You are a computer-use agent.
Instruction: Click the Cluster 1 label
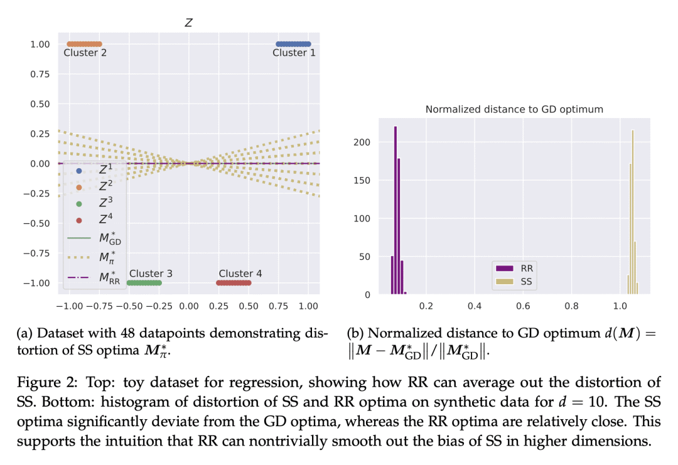pyautogui.click(x=294, y=53)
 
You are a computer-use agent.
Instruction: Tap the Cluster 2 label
pyautogui.click(x=85, y=53)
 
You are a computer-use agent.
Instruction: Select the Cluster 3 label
pyautogui.click(x=151, y=274)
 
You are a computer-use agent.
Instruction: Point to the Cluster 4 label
pyautogui.click(x=240, y=274)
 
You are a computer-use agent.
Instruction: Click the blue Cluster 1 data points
pyautogui.click(x=293, y=44)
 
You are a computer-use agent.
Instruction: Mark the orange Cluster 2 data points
pyautogui.click(x=84, y=44)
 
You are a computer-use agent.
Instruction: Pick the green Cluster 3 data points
pyautogui.click(x=144, y=283)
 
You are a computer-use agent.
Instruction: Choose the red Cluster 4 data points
pyautogui.click(x=234, y=283)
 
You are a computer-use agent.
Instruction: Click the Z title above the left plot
pyautogui.click(x=188, y=23)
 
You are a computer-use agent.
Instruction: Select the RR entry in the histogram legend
pyautogui.click(x=515, y=269)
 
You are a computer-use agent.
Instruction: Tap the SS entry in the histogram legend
pyautogui.click(x=514, y=282)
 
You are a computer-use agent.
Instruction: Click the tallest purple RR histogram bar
pyautogui.click(x=395, y=210)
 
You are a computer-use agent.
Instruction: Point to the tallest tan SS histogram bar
pyautogui.click(x=633, y=212)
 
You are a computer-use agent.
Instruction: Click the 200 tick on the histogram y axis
pyautogui.click(x=362, y=142)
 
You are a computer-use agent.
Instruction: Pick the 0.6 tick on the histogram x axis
pyautogui.click(x=523, y=306)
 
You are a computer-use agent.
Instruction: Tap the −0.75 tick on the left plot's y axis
pyautogui.click(x=36, y=254)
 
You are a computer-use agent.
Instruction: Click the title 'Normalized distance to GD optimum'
pyautogui.click(x=514, y=109)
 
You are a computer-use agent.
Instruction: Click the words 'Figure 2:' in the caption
pyautogui.click(x=47, y=382)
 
